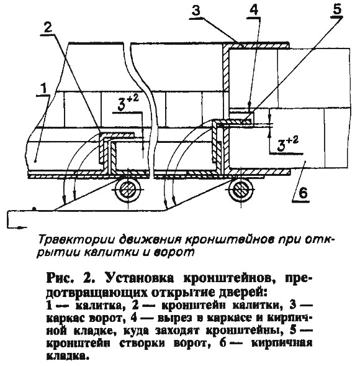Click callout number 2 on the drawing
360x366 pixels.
click(x=47, y=28)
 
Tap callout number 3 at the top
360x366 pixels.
click(x=196, y=11)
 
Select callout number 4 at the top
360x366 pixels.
click(x=254, y=11)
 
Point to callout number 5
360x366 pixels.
click(x=338, y=9)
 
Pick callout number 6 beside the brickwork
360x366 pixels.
click(x=303, y=193)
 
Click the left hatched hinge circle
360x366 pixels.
click(x=128, y=189)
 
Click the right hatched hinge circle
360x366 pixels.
click(x=240, y=189)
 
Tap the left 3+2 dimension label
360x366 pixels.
click(x=128, y=103)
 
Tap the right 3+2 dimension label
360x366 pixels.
click(x=287, y=144)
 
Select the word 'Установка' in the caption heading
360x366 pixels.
click(x=140, y=278)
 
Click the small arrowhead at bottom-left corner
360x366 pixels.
click(x=22, y=227)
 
